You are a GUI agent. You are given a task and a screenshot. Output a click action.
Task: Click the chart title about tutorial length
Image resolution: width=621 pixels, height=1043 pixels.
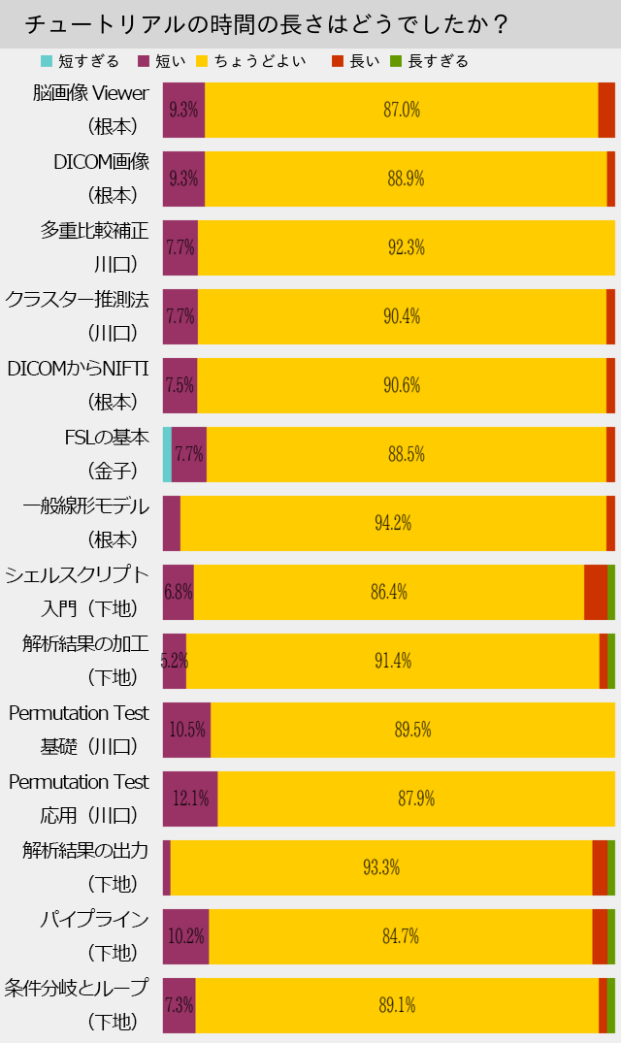point(266,24)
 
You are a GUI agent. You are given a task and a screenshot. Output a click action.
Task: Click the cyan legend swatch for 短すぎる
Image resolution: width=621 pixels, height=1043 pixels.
point(47,61)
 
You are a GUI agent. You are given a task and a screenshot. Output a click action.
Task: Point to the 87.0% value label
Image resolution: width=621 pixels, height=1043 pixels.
point(402,110)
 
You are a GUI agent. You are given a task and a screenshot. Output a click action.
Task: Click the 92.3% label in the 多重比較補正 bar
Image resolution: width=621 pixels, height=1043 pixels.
point(407,247)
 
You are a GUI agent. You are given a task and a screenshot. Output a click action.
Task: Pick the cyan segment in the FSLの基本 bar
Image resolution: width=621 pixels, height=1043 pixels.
point(167,454)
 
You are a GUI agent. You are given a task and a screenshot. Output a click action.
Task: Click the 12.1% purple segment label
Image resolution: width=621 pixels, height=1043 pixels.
point(191,799)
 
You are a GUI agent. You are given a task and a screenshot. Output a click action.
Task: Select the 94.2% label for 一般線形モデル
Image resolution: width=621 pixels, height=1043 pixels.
point(393,523)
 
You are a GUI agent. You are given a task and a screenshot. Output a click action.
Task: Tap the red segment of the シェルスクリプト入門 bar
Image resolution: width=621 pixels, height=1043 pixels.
point(596,592)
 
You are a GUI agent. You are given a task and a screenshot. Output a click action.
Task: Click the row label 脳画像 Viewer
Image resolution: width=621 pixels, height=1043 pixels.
point(90,93)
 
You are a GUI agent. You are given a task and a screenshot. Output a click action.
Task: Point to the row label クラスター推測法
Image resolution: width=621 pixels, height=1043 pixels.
point(78,300)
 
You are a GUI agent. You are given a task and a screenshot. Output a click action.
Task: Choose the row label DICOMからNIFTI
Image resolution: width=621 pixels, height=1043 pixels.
point(78,369)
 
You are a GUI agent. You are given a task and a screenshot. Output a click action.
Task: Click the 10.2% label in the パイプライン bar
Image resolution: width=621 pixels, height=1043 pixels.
point(185,936)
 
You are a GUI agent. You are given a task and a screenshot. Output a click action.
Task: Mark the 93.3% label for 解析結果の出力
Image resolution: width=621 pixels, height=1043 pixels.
point(381,867)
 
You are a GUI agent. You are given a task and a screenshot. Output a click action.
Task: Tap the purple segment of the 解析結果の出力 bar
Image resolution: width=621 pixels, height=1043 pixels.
point(167,867)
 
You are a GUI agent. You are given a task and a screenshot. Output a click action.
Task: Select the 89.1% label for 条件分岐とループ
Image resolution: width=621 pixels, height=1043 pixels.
point(397,1005)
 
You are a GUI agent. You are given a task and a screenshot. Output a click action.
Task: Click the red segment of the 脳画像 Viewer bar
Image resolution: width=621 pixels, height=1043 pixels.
point(606,110)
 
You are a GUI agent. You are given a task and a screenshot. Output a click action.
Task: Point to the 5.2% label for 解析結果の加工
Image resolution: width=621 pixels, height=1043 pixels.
point(175,661)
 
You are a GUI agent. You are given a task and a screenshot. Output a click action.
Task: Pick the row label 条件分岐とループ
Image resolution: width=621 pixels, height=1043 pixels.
point(78,989)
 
